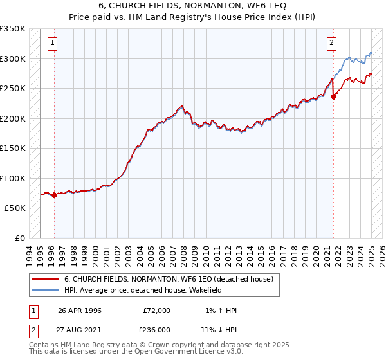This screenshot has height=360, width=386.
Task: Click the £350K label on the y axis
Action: [x=13, y=29]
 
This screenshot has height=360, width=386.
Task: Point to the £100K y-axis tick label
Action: [x=13, y=178]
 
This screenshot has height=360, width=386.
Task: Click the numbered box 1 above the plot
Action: [x=52, y=44]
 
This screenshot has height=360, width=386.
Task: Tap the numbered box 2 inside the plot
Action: [x=331, y=44]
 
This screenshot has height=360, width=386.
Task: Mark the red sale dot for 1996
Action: [x=54, y=195]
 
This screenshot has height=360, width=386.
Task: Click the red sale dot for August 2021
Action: [x=334, y=97]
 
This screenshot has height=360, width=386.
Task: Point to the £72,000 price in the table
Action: [x=156, y=310]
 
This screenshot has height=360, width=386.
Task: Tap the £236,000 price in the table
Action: [x=156, y=330]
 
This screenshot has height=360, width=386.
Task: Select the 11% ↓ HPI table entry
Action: [x=219, y=330]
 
